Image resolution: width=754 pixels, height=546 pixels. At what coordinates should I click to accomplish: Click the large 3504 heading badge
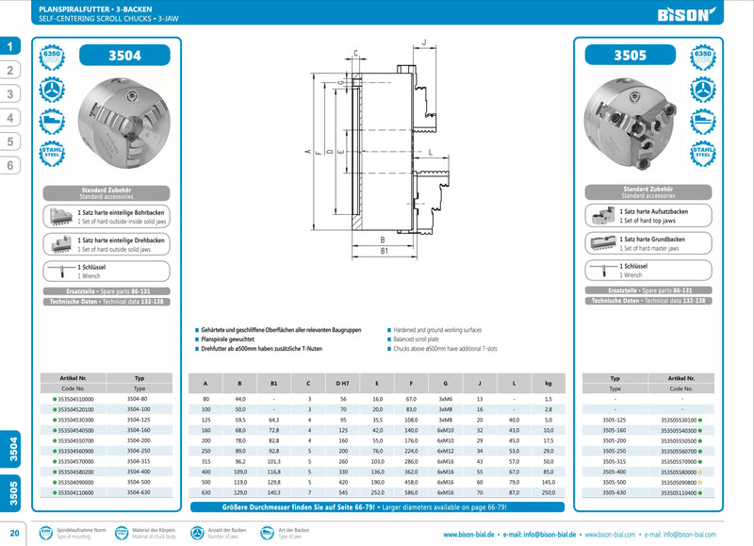[x=125, y=56]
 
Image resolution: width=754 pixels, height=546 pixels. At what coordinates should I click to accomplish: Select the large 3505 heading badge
[x=630, y=56]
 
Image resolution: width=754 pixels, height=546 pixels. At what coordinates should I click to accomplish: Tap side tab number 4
[x=10, y=118]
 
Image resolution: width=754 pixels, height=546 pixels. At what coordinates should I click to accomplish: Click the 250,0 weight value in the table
[x=548, y=492]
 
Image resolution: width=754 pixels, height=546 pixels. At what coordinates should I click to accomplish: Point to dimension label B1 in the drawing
[x=384, y=252]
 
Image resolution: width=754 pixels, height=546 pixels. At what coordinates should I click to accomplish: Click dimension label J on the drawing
[x=425, y=42]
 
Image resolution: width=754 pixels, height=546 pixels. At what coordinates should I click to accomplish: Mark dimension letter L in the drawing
[x=430, y=152]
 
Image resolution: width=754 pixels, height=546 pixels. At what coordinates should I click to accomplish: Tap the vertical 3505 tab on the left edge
[x=10, y=491]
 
